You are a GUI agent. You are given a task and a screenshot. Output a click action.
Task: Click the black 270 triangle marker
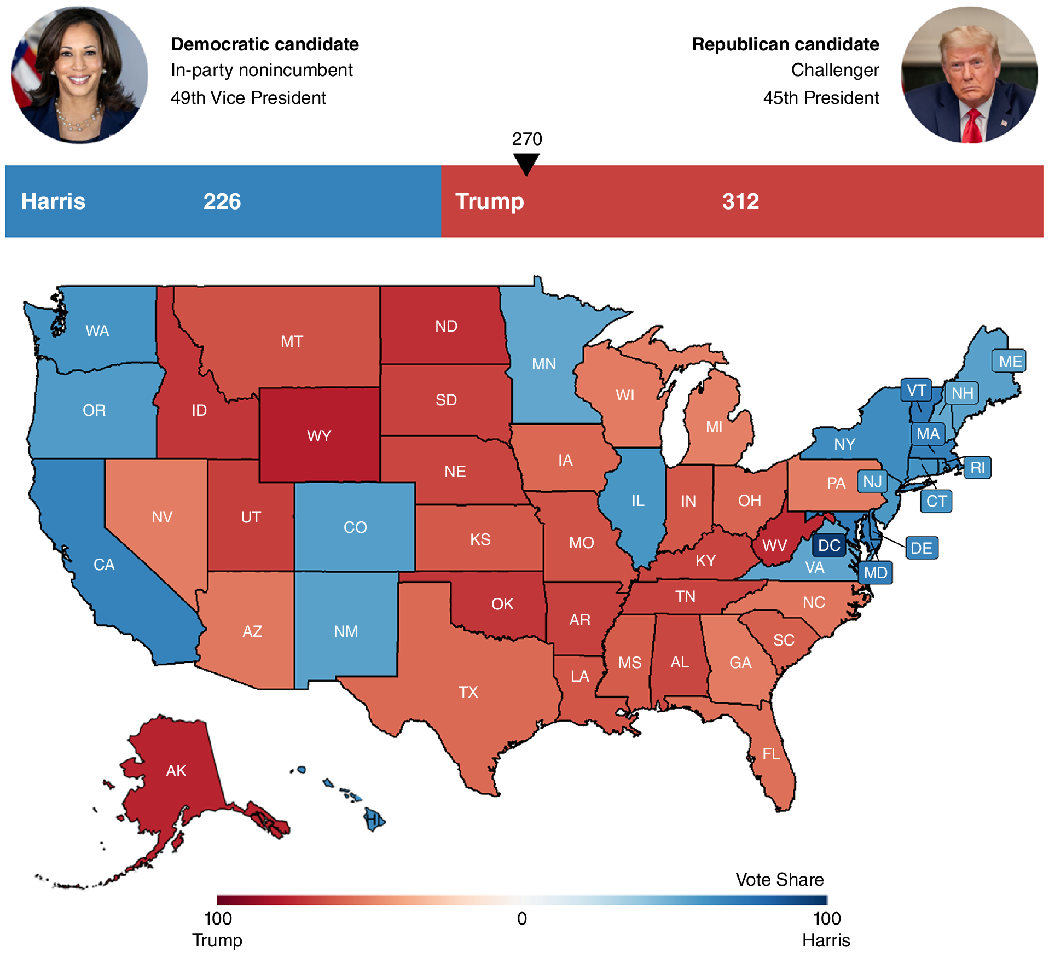click(526, 163)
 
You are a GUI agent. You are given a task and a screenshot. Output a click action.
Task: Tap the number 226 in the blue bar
click(222, 201)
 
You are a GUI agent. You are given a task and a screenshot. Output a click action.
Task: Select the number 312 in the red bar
click(740, 201)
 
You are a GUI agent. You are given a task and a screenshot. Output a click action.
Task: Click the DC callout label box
click(829, 545)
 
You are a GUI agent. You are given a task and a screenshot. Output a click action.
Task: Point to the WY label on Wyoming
click(319, 436)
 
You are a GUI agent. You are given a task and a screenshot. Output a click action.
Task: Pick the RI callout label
click(977, 468)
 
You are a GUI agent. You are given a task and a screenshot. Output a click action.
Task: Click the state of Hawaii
click(375, 820)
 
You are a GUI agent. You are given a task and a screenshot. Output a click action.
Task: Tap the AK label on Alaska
click(176, 771)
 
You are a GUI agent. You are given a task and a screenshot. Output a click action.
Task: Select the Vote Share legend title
click(779, 879)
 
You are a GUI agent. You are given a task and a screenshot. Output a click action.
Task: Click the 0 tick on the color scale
click(522, 918)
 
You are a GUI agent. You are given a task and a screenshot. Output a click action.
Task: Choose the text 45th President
click(821, 98)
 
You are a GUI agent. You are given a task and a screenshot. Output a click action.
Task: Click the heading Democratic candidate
click(265, 44)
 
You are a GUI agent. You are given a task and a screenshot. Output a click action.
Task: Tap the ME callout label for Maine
click(1010, 362)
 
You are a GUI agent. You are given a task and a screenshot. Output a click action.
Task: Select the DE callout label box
click(922, 548)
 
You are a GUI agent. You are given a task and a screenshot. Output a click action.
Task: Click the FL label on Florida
click(771, 754)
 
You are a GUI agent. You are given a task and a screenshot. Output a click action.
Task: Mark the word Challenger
click(834, 70)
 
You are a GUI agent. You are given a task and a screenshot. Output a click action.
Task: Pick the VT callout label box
click(916, 390)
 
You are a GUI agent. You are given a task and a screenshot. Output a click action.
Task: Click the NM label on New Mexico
click(346, 631)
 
